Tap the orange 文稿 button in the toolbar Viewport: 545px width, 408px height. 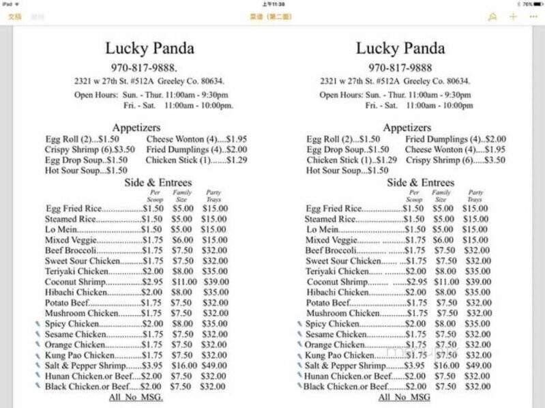(14, 16)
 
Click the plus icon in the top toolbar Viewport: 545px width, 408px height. (513, 16)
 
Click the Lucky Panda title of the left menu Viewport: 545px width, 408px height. (149, 48)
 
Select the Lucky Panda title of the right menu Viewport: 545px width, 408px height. (400, 48)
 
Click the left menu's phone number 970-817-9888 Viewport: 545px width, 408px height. (143, 68)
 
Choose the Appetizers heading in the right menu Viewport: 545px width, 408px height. (407, 128)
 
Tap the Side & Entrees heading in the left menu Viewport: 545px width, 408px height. (158, 182)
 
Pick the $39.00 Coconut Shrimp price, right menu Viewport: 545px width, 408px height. (477, 282)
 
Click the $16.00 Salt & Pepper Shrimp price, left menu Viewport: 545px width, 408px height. (183, 366)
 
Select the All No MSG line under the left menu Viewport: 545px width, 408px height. (136, 397)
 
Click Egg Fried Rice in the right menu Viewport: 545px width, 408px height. (334, 209)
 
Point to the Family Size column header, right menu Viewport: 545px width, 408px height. (441, 196)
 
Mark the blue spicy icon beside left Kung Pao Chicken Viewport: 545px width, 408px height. (38, 355)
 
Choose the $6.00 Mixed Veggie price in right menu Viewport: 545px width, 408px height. (443, 240)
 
